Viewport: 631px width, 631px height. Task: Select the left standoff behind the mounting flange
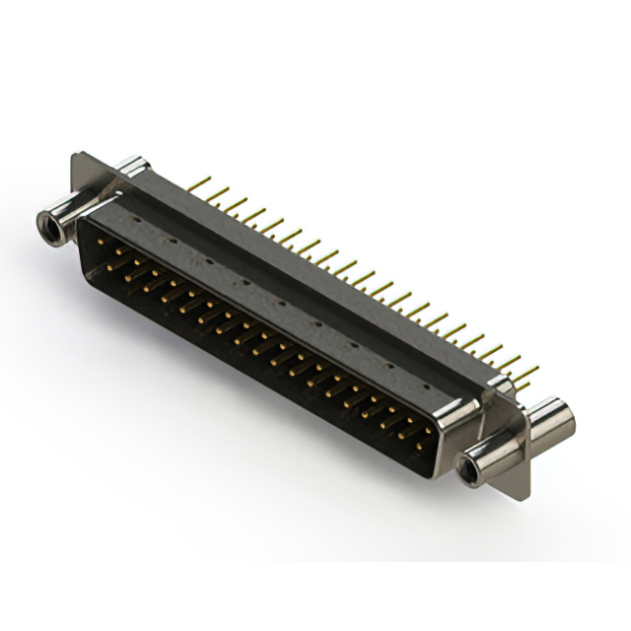(x=130, y=167)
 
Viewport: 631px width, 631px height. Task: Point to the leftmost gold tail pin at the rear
(x=200, y=183)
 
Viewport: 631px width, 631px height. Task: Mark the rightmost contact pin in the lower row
(x=418, y=446)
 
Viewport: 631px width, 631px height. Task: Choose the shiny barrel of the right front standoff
(x=493, y=449)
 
